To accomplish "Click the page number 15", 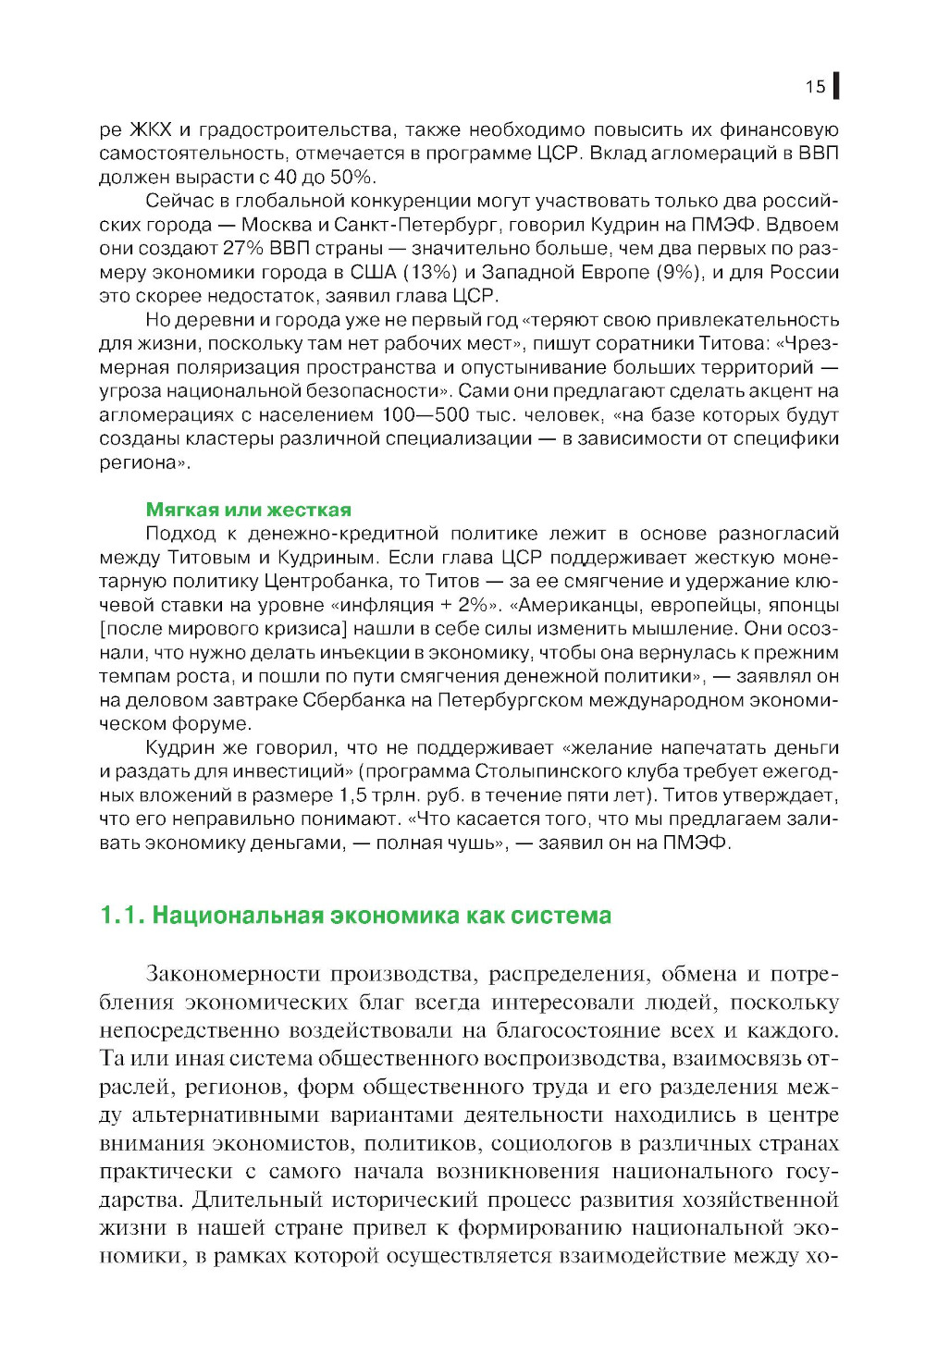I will (x=815, y=86).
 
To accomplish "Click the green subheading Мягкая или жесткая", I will (x=249, y=510).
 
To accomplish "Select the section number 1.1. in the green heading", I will (x=122, y=916).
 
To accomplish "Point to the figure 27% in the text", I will (x=243, y=248).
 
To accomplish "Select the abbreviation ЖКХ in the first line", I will (x=150, y=129).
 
